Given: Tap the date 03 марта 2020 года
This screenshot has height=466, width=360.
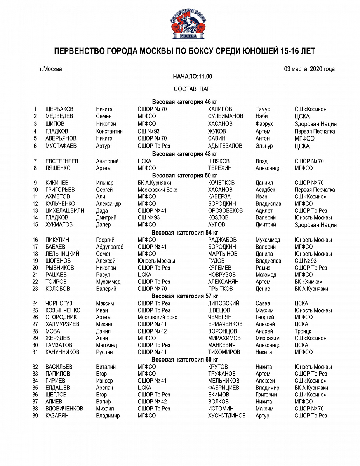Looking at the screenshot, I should (309, 69).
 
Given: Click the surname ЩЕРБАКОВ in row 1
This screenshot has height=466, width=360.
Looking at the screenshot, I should (59, 109).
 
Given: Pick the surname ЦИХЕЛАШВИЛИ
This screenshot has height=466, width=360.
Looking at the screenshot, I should (64, 210).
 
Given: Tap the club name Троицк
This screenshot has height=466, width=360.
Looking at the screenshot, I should (303, 331).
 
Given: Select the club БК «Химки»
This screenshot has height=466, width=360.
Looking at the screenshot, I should (308, 282).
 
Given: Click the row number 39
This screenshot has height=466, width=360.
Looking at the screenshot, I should (35, 416).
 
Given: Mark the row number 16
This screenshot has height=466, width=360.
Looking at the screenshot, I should (35, 240).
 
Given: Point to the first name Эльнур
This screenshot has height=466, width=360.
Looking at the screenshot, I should (264, 146).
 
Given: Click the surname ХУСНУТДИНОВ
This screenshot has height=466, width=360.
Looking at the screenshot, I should (227, 416).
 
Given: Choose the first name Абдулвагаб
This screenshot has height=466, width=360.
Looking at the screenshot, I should (111, 247).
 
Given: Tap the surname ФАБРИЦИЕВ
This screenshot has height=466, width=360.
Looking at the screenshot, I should (223, 388).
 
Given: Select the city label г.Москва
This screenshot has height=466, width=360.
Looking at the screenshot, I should (50, 69).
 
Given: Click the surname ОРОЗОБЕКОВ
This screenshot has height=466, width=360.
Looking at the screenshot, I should (225, 210).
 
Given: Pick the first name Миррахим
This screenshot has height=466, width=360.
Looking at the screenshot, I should (267, 338).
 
